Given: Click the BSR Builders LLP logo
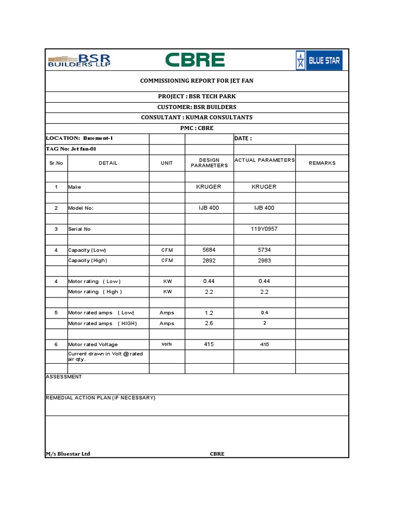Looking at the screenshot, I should (x=79, y=60).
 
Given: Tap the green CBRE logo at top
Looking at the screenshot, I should (x=195, y=60).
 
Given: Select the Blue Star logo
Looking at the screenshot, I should (x=319, y=61).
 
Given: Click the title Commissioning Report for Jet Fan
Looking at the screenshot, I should (x=197, y=81).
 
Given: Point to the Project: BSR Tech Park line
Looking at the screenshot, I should (x=197, y=97).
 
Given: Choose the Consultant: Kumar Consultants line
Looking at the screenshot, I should (x=197, y=118).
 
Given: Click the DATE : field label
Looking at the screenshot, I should (x=243, y=139).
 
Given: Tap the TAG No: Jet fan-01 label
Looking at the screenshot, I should (x=71, y=149).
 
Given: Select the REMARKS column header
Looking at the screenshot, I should (x=322, y=163).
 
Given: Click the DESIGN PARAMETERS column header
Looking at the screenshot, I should (x=209, y=163).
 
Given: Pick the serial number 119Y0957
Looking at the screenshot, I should (x=264, y=229).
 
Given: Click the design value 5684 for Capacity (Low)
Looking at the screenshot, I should (x=209, y=250).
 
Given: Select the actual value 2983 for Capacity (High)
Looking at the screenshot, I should (x=264, y=260).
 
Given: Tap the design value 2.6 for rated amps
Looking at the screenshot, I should (x=209, y=323).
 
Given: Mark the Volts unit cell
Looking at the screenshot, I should (x=167, y=344).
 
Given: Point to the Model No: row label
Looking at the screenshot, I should (x=81, y=208).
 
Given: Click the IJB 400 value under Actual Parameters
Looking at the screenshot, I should (x=264, y=208).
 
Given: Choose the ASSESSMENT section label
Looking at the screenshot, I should (x=64, y=377).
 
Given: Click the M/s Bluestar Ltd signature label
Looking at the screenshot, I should (x=68, y=454).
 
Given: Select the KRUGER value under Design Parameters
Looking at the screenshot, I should (x=209, y=187).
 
